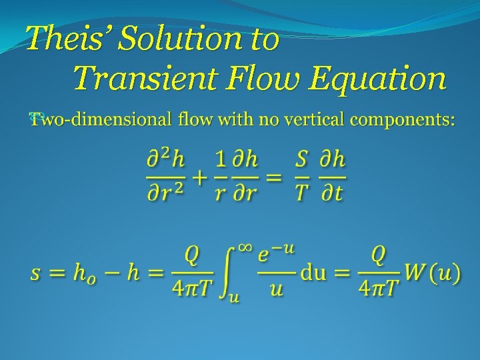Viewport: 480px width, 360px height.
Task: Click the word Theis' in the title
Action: coord(64,39)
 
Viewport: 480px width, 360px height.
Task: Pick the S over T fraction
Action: coord(302,177)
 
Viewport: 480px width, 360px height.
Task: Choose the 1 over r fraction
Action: coord(221,177)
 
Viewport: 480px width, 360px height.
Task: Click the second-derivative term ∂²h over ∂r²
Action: coord(166,177)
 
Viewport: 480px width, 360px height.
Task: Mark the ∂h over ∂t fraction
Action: coord(331,177)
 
